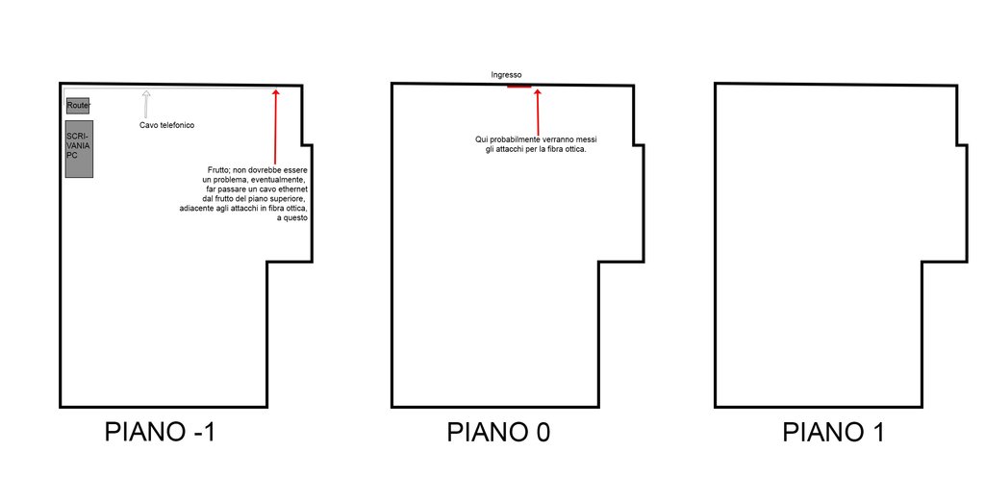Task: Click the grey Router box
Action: tap(79, 106)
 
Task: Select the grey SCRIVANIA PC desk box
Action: tap(79, 149)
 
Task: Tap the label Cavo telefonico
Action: tap(167, 126)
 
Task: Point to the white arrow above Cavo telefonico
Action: tap(146, 104)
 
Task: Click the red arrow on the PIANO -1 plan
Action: tap(275, 126)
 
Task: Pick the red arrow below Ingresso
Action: tap(538, 111)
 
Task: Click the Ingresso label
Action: tap(506, 75)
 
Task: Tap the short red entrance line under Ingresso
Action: tap(518, 87)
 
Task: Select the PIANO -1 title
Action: tap(161, 433)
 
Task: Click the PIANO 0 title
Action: tap(499, 433)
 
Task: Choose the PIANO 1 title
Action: tap(834, 433)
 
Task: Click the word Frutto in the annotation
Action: tap(219, 170)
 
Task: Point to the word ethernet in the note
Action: tap(291, 188)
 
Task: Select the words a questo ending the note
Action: tap(292, 217)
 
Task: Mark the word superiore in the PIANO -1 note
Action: tap(287, 199)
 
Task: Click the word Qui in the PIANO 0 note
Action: tap(481, 140)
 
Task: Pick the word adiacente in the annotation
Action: tap(195, 209)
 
